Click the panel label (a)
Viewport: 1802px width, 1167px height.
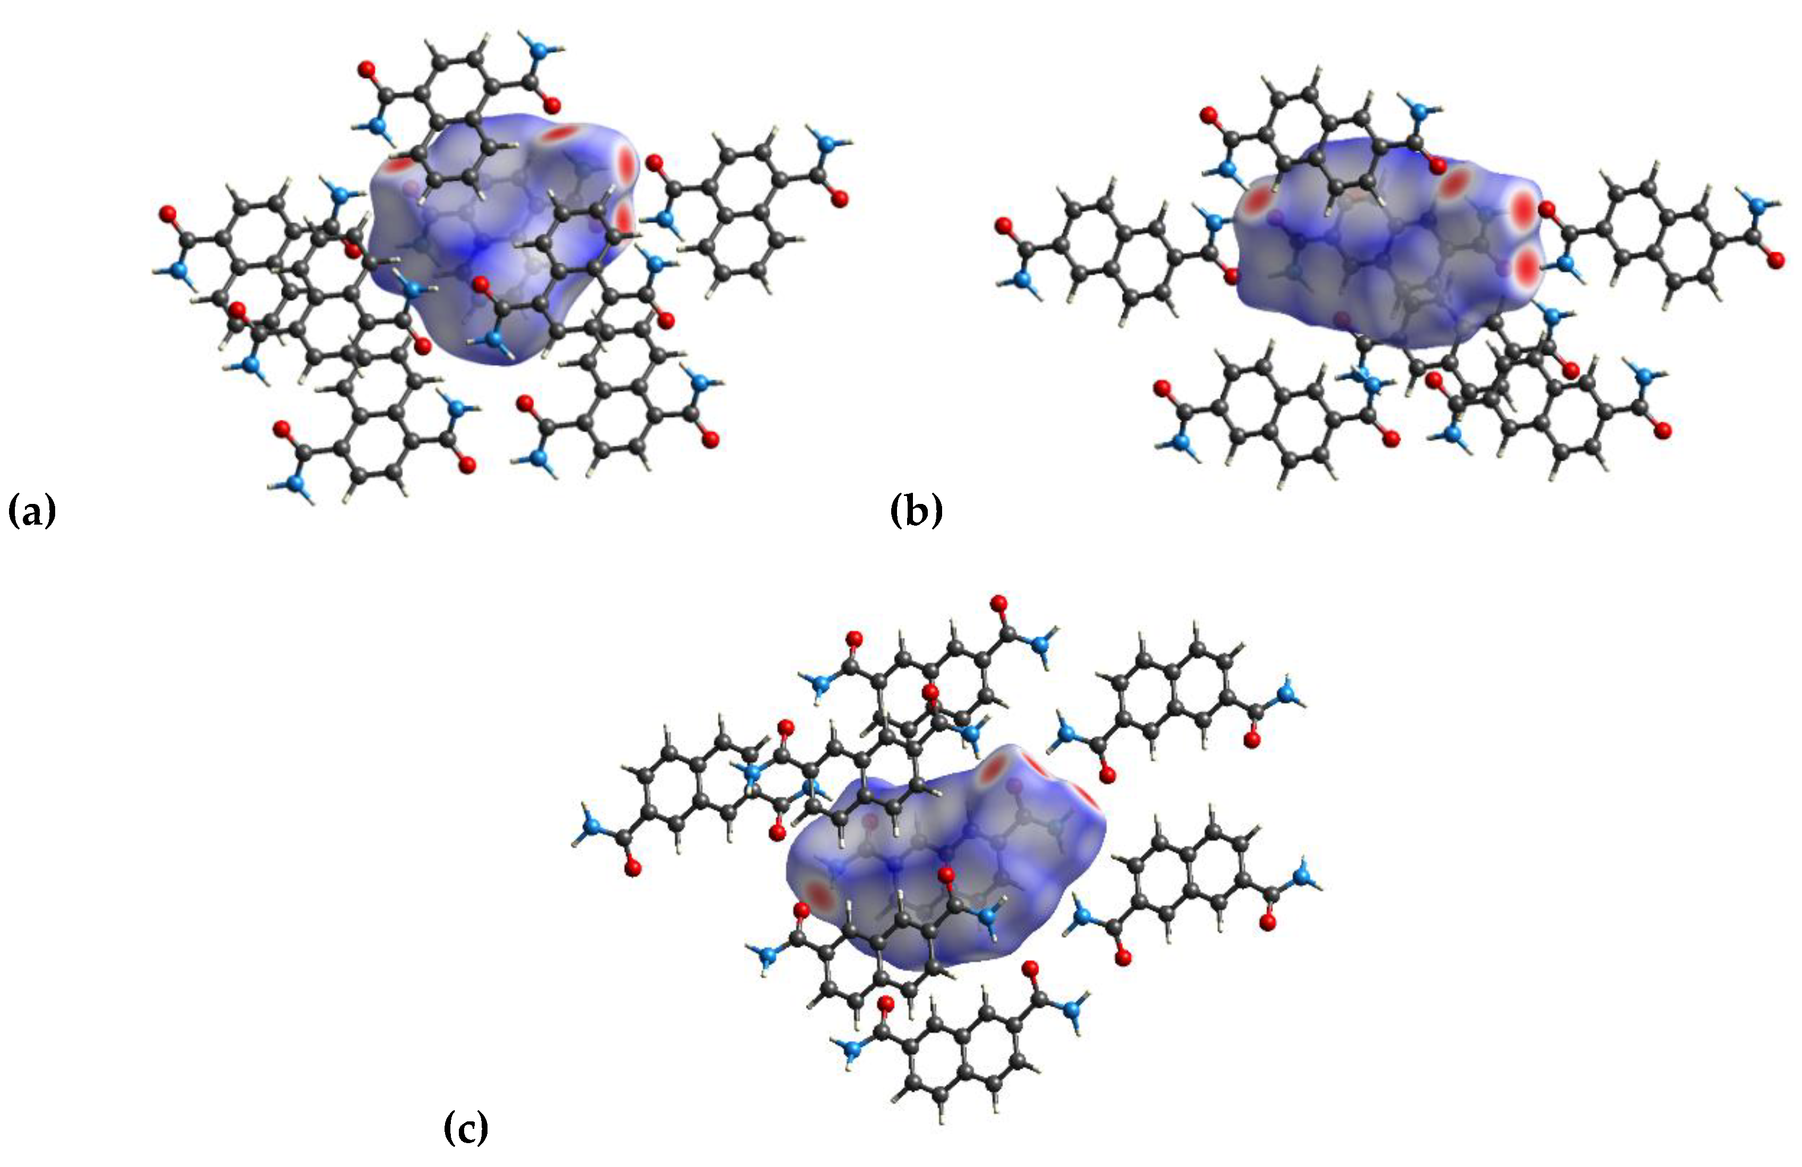click(32, 511)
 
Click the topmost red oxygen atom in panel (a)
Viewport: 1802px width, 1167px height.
click(367, 71)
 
